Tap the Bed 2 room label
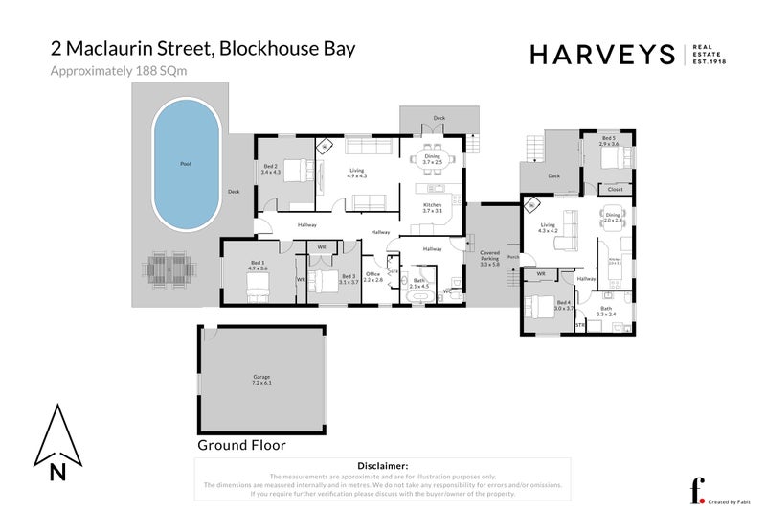point(270,169)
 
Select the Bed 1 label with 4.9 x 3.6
point(258,266)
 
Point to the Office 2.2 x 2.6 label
point(372,276)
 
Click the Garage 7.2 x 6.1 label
point(261,380)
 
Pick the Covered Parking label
point(489,256)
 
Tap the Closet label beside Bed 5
point(615,190)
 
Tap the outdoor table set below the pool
point(168,270)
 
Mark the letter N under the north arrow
point(58,471)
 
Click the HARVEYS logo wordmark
point(604,55)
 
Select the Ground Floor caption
point(241,445)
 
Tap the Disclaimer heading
point(381,466)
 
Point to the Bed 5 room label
point(610,142)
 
